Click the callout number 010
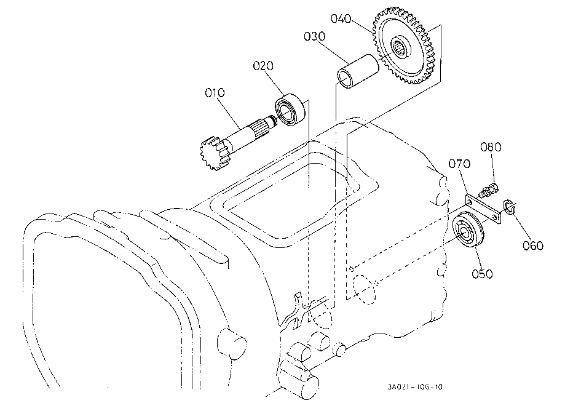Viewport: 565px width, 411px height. (x=215, y=93)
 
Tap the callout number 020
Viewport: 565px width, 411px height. (x=263, y=66)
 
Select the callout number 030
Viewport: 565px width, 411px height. (x=314, y=36)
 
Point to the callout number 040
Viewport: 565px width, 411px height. (x=341, y=18)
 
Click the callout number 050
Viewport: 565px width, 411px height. (x=482, y=274)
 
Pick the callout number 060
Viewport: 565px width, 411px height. (x=533, y=246)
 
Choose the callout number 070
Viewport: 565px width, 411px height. (x=459, y=164)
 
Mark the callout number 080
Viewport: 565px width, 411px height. (x=491, y=147)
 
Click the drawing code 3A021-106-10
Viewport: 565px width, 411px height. (x=415, y=387)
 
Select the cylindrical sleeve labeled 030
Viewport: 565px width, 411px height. (x=358, y=71)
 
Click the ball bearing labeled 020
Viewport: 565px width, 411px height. (x=290, y=110)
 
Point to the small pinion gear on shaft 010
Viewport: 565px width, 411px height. (x=215, y=153)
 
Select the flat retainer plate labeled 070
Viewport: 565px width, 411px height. (x=483, y=209)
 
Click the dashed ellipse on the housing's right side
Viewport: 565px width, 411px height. (x=365, y=290)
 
